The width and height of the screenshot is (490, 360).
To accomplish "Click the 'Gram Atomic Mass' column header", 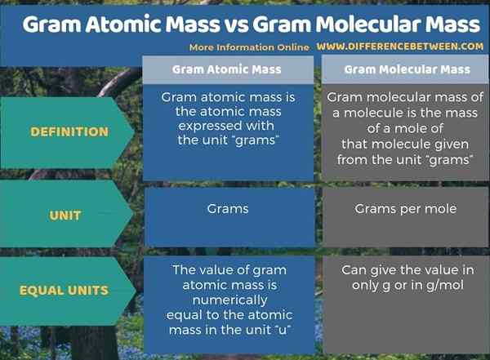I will (227, 69).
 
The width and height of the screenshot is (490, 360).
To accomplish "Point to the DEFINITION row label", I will (69, 131).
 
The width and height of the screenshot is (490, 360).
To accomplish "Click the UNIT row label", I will (65, 216).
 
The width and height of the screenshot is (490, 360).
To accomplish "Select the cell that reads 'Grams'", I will (228, 209).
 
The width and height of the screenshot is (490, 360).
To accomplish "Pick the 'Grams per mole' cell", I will (406, 209).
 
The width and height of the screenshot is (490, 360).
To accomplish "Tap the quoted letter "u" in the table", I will (285, 329).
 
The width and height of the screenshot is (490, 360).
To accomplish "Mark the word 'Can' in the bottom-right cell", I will (354, 270).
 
